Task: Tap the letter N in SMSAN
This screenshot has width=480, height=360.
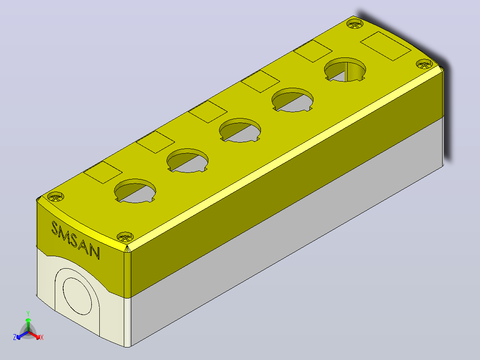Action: click(x=94, y=252)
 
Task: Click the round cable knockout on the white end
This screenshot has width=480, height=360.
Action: click(x=77, y=296)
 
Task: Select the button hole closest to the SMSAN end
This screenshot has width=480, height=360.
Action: click(x=135, y=191)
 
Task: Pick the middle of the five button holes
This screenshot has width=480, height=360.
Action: click(x=240, y=130)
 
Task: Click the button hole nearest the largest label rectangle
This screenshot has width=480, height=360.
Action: click(x=345, y=70)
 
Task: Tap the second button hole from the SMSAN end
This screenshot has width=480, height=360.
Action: click(x=187, y=160)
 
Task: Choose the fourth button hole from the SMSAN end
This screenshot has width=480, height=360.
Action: click(x=293, y=100)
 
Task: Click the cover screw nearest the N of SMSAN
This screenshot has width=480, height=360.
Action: click(x=125, y=237)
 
